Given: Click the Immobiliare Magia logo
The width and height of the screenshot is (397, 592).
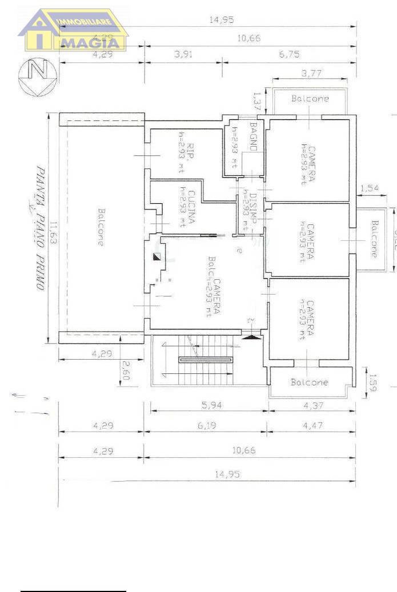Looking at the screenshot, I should pyautogui.click(x=73, y=30).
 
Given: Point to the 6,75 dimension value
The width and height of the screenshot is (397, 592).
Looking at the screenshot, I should pyautogui.click(x=290, y=55).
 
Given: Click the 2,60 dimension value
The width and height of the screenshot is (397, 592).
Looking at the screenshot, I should pyautogui.click(x=126, y=370).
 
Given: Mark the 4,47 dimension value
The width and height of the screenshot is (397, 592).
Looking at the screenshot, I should pyautogui.click(x=312, y=426).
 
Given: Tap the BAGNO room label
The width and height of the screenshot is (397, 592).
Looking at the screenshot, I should pyautogui.click(x=253, y=138).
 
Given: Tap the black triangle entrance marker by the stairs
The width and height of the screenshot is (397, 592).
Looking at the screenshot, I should pyautogui.click(x=250, y=337).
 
